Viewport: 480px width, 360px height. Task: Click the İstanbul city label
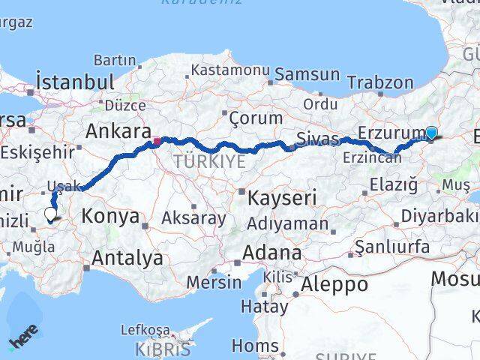(x=75, y=81)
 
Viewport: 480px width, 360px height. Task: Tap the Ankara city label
(x=118, y=131)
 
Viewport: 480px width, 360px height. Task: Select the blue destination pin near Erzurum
(x=431, y=133)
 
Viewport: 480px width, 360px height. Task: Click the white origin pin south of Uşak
(x=51, y=214)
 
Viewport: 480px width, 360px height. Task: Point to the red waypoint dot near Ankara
(x=157, y=140)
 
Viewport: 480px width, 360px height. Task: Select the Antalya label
(x=127, y=259)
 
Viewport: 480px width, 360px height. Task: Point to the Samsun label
(x=307, y=74)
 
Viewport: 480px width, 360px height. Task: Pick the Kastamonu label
(x=229, y=70)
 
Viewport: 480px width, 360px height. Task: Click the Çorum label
(x=256, y=118)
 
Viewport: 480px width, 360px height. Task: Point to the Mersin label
(x=215, y=282)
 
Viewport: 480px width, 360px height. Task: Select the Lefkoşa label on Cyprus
(x=143, y=329)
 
